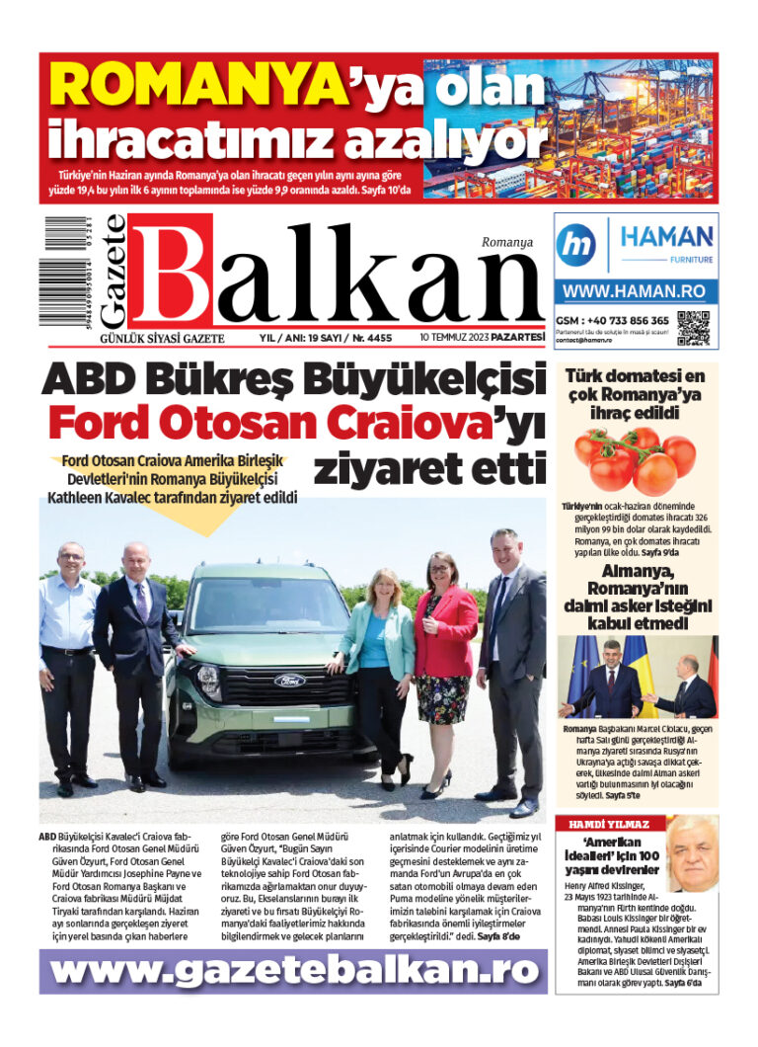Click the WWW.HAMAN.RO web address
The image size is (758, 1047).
tap(635, 292)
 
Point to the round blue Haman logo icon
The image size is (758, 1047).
tap(575, 244)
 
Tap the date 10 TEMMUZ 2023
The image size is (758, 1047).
tap(459, 338)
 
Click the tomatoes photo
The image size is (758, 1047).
tap(635, 459)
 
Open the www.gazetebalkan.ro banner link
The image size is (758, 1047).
tap(293, 972)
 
